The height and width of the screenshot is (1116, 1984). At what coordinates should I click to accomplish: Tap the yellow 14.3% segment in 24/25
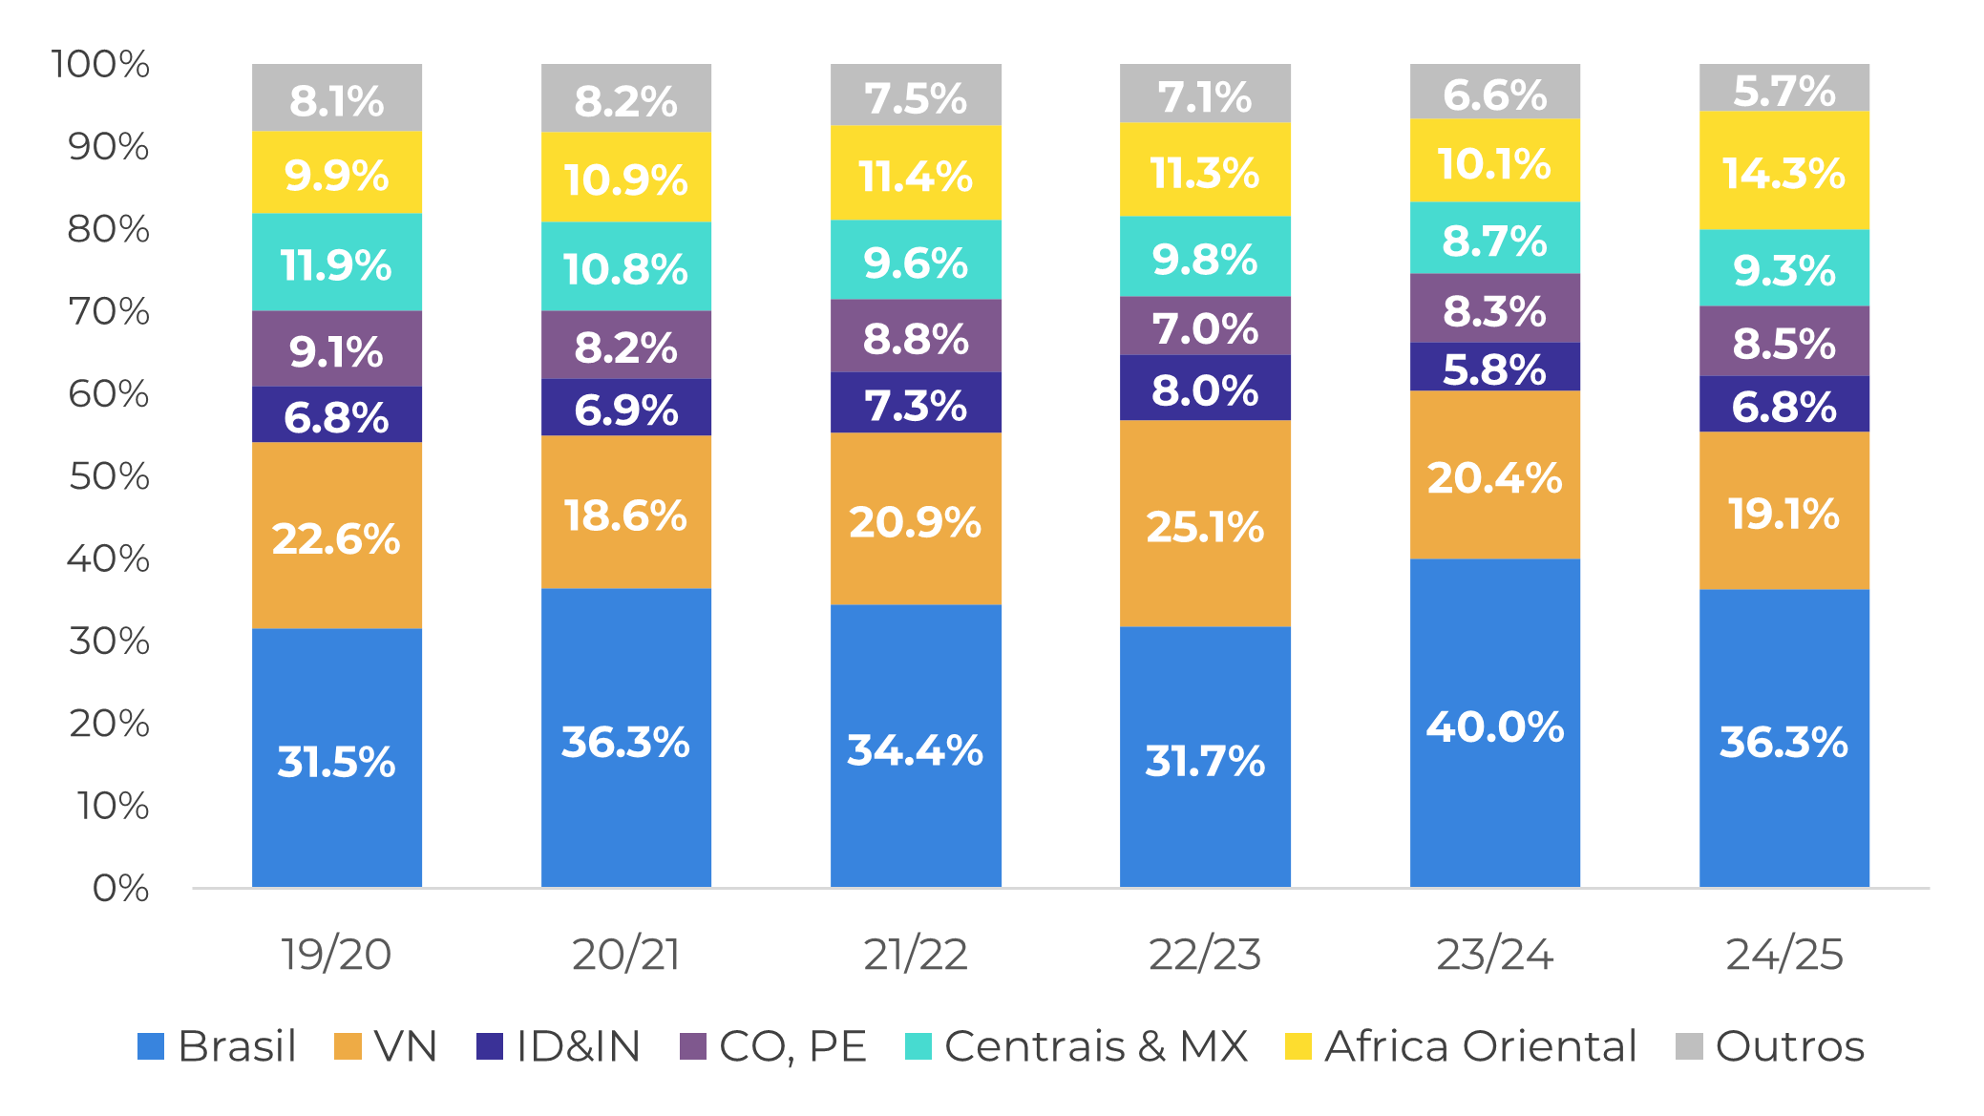coord(1783,171)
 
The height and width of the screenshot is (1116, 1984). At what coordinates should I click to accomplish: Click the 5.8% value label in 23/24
coord(1494,369)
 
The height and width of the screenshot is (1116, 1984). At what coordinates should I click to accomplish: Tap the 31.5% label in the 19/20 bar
coord(336,761)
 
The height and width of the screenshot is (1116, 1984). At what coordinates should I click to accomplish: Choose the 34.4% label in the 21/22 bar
coord(915,749)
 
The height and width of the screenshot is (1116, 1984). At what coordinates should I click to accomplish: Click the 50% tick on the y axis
coord(109,475)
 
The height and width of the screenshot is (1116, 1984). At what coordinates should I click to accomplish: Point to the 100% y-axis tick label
coord(100,64)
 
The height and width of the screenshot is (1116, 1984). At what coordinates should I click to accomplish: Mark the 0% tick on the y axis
coord(120,888)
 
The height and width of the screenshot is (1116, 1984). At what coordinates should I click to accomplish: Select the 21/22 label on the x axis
coord(916,954)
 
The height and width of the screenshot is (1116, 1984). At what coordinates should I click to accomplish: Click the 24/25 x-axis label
coord(1783,954)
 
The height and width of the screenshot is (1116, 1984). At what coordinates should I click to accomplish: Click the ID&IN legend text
coord(578,1046)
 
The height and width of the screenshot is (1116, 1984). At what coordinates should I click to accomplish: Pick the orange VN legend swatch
coord(348,1046)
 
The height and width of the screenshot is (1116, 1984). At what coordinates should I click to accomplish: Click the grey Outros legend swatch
coord(1689,1046)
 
